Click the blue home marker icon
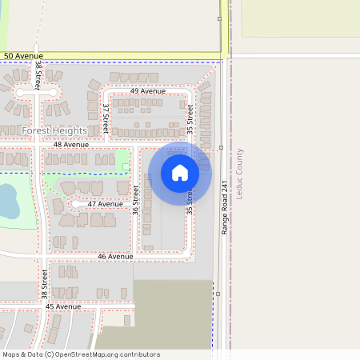(180, 173)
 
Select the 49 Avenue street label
(147, 91)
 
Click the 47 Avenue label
(105, 204)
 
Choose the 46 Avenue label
(114, 257)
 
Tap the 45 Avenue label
(63, 306)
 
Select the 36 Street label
(136, 200)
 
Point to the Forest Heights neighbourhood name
(54, 130)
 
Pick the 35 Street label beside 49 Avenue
(190, 119)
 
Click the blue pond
(7, 201)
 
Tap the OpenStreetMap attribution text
(80, 354)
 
